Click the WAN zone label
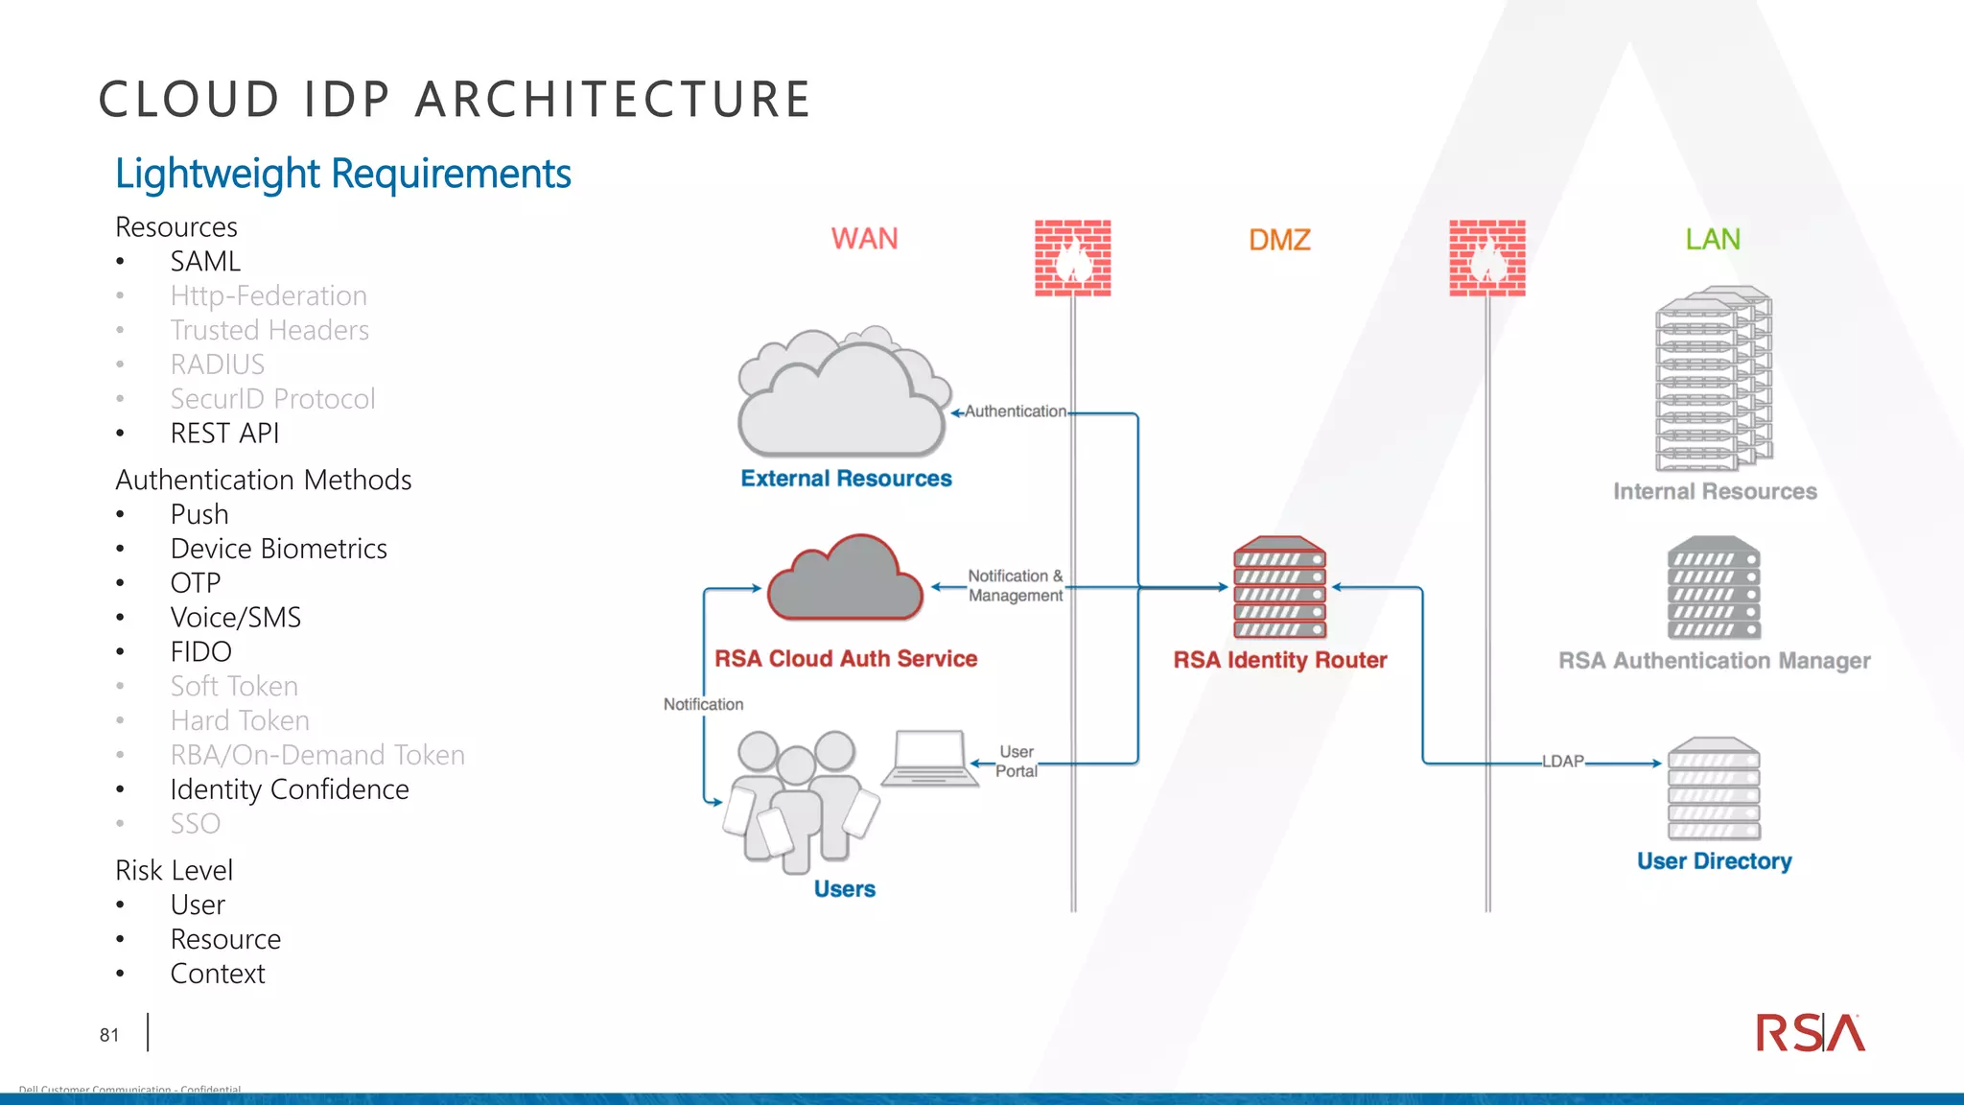pyautogui.click(x=864, y=239)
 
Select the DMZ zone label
pyautogui.click(x=1279, y=240)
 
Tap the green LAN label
pyautogui.click(x=1713, y=239)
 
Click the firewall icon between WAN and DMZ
pyautogui.click(x=1073, y=258)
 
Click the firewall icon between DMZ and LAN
pyautogui.click(x=1487, y=258)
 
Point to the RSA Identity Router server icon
pyautogui.click(x=1280, y=588)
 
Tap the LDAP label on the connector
pyautogui.click(x=1563, y=762)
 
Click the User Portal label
pyautogui.click(x=1017, y=762)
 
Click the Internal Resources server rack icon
pyautogui.click(x=1713, y=379)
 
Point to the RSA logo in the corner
pyautogui.click(x=1810, y=1033)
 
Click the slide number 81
pyautogui.click(x=109, y=1035)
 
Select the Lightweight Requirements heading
pyautogui.click(x=342, y=174)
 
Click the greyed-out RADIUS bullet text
pyautogui.click(x=218, y=364)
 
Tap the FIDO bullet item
pyautogui.click(x=201, y=652)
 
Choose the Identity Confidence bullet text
pyautogui.click(x=290, y=789)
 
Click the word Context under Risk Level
pyautogui.click(x=218, y=974)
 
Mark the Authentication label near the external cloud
pyautogui.click(x=1015, y=411)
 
